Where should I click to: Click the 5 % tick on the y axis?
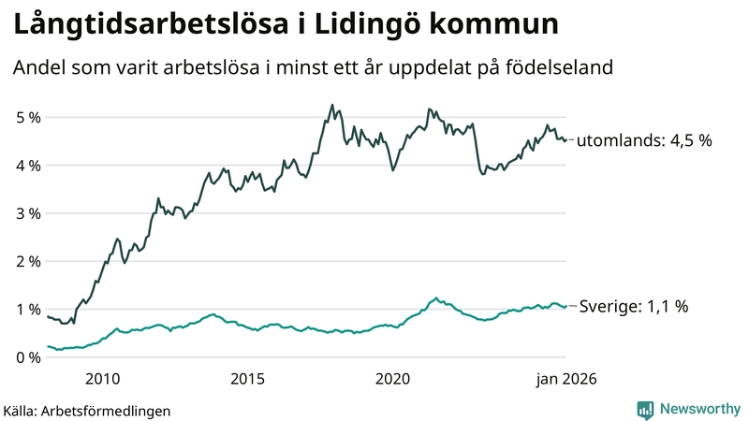pyautogui.click(x=27, y=118)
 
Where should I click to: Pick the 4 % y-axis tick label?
pyautogui.click(x=27, y=166)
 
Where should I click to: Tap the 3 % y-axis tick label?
pyautogui.click(x=27, y=213)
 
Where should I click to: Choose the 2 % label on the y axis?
pyautogui.click(x=27, y=261)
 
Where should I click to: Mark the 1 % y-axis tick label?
pyautogui.click(x=27, y=309)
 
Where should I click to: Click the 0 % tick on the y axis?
pyautogui.click(x=27, y=356)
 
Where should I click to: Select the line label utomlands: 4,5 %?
pyautogui.click(x=644, y=141)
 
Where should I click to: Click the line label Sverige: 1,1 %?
pyautogui.click(x=635, y=306)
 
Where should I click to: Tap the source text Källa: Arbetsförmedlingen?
pyautogui.click(x=86, y=411)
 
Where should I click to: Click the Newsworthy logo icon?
pyautogui.click(x=646, y=410)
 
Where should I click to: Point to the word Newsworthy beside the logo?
pyautogui.click(x=698, y=410)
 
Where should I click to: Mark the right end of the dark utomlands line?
pyautogui.click(x=565, y=139)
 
